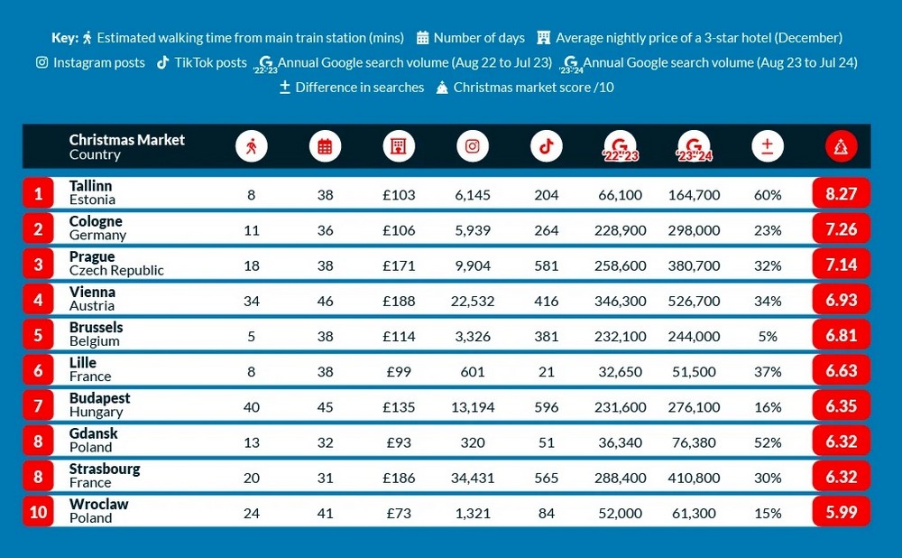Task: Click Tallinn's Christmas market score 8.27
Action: (841, 193)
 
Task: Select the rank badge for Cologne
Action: (38, 228)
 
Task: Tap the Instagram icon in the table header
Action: (473, 146)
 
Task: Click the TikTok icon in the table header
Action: (546, 146)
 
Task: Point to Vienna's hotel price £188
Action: (399, 301)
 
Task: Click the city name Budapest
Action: (99, 398)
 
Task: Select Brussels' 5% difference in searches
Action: (768, 336)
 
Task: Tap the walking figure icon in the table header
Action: (252, 146)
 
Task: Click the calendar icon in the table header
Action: (325, 146)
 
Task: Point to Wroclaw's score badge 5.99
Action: (841, 512)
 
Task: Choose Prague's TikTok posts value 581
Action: (546, 265)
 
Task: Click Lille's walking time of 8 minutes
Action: (252, 371)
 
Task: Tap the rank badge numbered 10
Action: (38, 512)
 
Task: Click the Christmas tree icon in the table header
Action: (841, 146)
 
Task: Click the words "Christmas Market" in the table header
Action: (126, 140)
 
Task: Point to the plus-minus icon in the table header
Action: (768, 146)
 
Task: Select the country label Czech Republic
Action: (116, 271)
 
